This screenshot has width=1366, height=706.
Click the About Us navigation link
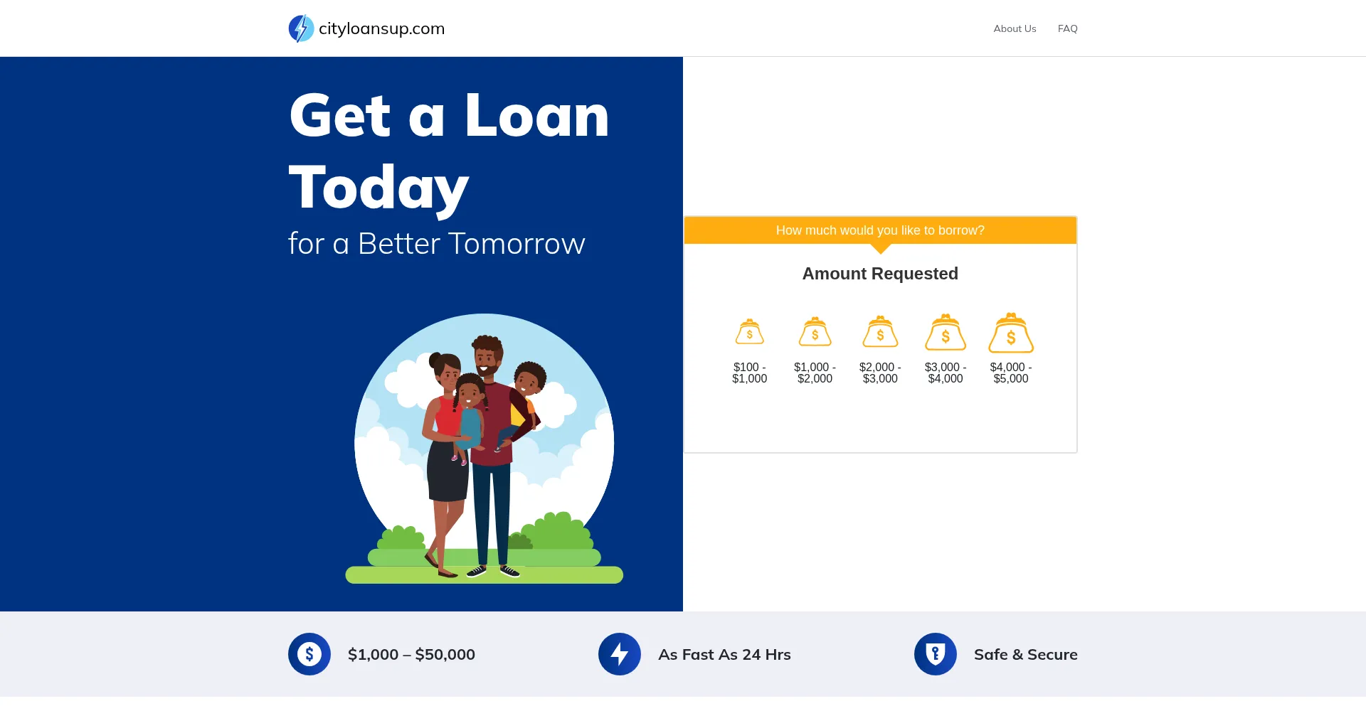click(x=1015, y=28)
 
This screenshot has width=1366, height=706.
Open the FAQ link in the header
click(x=1067, y=28)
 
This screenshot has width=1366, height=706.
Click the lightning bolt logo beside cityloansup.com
click(x=301, y=28)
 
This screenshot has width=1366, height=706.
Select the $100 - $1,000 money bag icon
click(x=749, y=332)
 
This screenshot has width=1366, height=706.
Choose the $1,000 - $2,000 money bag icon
click(x=815, y=332)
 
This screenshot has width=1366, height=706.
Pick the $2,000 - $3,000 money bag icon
click(x=880, y=332)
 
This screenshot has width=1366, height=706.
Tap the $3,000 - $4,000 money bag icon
click(x=946, y=332)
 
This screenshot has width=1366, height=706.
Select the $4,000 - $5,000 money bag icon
click(x=1011, y=333)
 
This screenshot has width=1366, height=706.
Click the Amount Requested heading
click(x=880, y=274)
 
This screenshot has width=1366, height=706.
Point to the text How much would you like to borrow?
click(x=880, y=230)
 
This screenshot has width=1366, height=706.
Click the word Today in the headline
click(x=378, y=188)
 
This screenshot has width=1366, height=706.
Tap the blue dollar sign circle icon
click(x=309, y=654)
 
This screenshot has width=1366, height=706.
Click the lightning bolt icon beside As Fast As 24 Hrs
click(x=620, y=654)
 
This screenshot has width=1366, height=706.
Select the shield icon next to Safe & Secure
click(x=936, y=654)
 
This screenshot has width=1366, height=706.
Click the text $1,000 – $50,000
click(x=411, y=654)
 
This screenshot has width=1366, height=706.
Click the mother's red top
click(x=446, y=416)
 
